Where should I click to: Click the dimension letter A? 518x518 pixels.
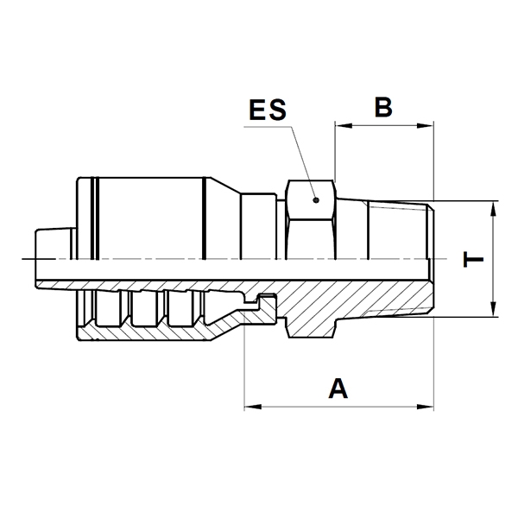click(x=338, y=388)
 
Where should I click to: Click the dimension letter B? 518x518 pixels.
click(x=383, y=107)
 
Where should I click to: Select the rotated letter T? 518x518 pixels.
click(x=473, y=259)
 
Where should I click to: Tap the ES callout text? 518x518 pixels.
click(x=268, y=110)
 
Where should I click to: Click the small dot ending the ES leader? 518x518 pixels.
click(x=316, y=200)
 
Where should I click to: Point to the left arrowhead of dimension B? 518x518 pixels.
click(x=343, y=125)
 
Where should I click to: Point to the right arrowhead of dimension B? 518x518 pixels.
click(x=425, y=125)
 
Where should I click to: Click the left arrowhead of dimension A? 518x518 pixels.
click(x=252, y=407)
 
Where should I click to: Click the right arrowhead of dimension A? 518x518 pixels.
click(x=425, y=407)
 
